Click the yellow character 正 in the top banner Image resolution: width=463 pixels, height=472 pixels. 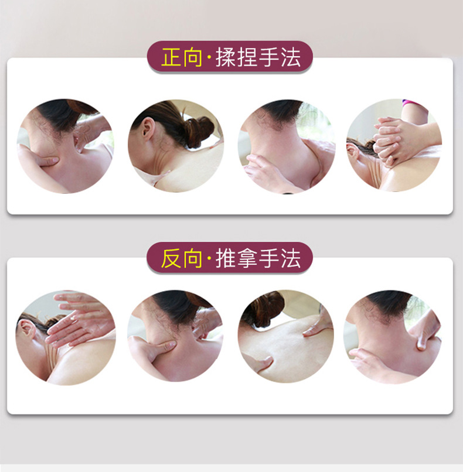pyautogui.click(x=172, y=58)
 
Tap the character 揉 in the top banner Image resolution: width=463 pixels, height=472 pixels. pyautogui.click(x=225, y=58)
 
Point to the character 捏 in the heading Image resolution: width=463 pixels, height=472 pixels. pyautogui.click(x=247, y=58)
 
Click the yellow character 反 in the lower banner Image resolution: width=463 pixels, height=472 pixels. pyautogui.click(x=172, y=259)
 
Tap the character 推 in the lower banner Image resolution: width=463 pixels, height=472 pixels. pyautogui.click(x=225, y=259)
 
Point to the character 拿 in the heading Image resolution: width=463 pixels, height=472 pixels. pyautogui.click(x=247, y=259)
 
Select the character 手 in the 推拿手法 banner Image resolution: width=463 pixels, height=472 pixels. pyautogui.click(x=268, y=259)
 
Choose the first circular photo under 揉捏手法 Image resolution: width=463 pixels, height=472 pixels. pyautogui.click(x=64, y=146)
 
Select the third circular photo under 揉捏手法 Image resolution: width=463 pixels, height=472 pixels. pyautogui.click(x=285, y=146)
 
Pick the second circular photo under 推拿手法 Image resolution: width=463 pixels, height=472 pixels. pyautogui.click(x=175, y=336)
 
